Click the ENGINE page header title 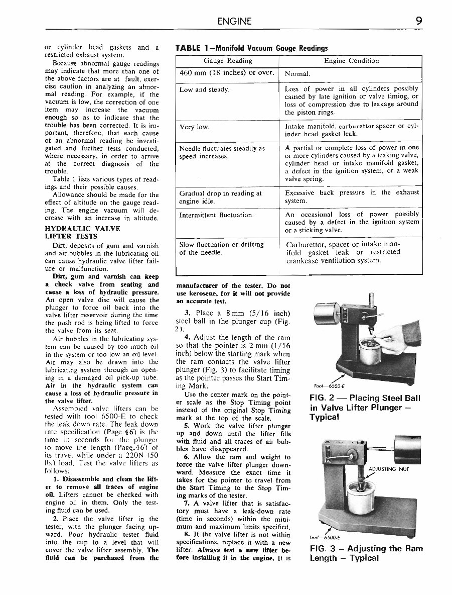point(235,21)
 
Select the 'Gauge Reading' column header point(228,61)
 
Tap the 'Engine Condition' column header point(351,61)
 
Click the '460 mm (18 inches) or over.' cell point(227,73)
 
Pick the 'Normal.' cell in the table point(297,73)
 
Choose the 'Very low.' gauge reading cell point(195,127)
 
